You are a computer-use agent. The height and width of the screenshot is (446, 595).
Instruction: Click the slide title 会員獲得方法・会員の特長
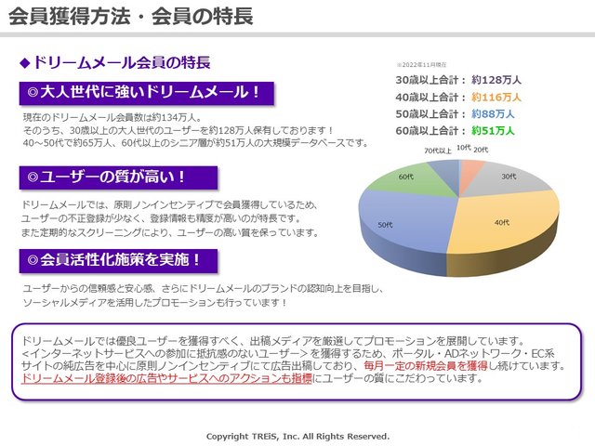pos(131,17)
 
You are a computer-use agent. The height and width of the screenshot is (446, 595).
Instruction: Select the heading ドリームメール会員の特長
pos(122,62)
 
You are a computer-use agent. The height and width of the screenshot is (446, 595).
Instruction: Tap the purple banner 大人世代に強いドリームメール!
pos(147,93)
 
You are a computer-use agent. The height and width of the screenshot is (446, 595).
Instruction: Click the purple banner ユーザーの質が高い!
pos(118,177)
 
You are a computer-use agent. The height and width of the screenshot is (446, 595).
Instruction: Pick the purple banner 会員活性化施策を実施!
pos(118,260)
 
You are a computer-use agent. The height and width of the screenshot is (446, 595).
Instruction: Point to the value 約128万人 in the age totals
pos(496,80)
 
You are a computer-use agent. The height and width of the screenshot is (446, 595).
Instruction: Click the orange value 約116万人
pos(496,97)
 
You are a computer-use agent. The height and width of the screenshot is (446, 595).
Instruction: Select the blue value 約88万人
pos(493,113)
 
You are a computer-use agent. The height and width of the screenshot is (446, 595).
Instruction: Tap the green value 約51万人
pos(493,131)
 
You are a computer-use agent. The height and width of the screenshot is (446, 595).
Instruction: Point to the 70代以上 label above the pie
pos(438,151)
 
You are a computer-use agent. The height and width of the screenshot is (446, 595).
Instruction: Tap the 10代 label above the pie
pos(464,148)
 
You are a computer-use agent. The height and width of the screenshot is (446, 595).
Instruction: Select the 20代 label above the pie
pos(481,150)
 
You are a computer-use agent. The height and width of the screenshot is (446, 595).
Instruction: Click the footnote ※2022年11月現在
pos(421,65)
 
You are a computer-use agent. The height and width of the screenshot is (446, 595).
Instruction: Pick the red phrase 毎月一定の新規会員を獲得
pos(426,366)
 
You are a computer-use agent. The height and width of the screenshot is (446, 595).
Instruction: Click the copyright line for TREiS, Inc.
pos(297,437)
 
